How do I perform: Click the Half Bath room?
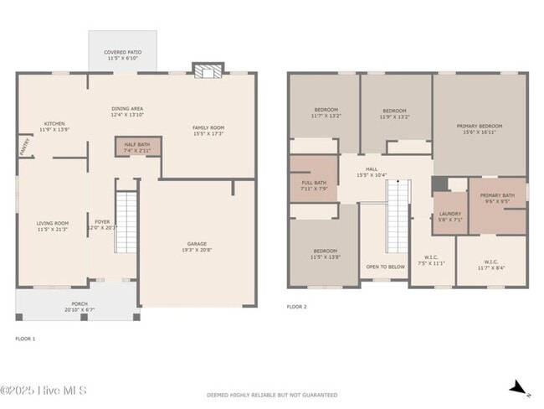pyautogui.click(x=137, y=148)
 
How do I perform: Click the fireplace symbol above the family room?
pyautogui.click(x=203, y=71)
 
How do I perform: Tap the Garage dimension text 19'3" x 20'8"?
pyautogui.click(x=197, y=250)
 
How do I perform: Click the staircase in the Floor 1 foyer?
pyautogui.click(x=125, y=222)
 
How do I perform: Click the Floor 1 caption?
pyautogui.click(x=25, y=339)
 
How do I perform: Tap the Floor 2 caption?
pyautogui.click(x=297, y=308)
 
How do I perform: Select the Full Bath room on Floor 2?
pyautogui.click(x=313, y=185)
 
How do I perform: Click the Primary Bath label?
pyautogui.click(x=497, y=198)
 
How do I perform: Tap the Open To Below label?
pyautogui.click(x=386, y=267)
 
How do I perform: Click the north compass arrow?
pyautogui.click(x=520, y=387)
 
